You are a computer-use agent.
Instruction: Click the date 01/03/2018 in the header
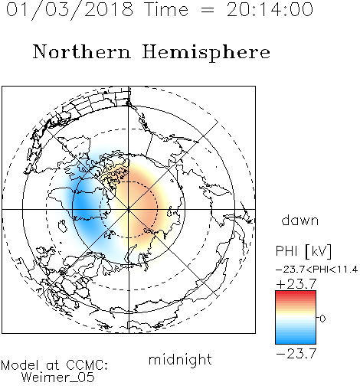tap(70, 10)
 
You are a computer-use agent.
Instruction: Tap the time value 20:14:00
tap(270, 10)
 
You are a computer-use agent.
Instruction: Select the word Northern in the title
tap(82, 51)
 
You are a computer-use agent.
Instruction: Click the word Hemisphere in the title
tap(206, 53)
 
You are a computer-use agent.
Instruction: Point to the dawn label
tap(300, 220)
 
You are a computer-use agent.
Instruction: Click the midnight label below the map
tap(180, 359)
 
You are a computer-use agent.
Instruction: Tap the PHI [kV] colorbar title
tap(304, 251)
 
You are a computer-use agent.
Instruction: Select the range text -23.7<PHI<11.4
tap(316, 270)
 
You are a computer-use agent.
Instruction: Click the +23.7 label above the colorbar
tap(296, 284)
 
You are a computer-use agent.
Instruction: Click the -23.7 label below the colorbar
tap(296, 354)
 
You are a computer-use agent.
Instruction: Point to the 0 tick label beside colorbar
tap(322, 319)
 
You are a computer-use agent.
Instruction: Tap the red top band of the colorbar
tap(296, 293)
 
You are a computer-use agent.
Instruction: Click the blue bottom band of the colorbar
tap(296, 341)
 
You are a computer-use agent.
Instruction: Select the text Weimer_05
tap(57, 378)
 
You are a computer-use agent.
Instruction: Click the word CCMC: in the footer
tap(87, 365)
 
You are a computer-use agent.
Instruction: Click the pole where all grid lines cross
tap(129, 209)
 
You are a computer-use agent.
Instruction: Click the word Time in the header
tap(166, 10)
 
